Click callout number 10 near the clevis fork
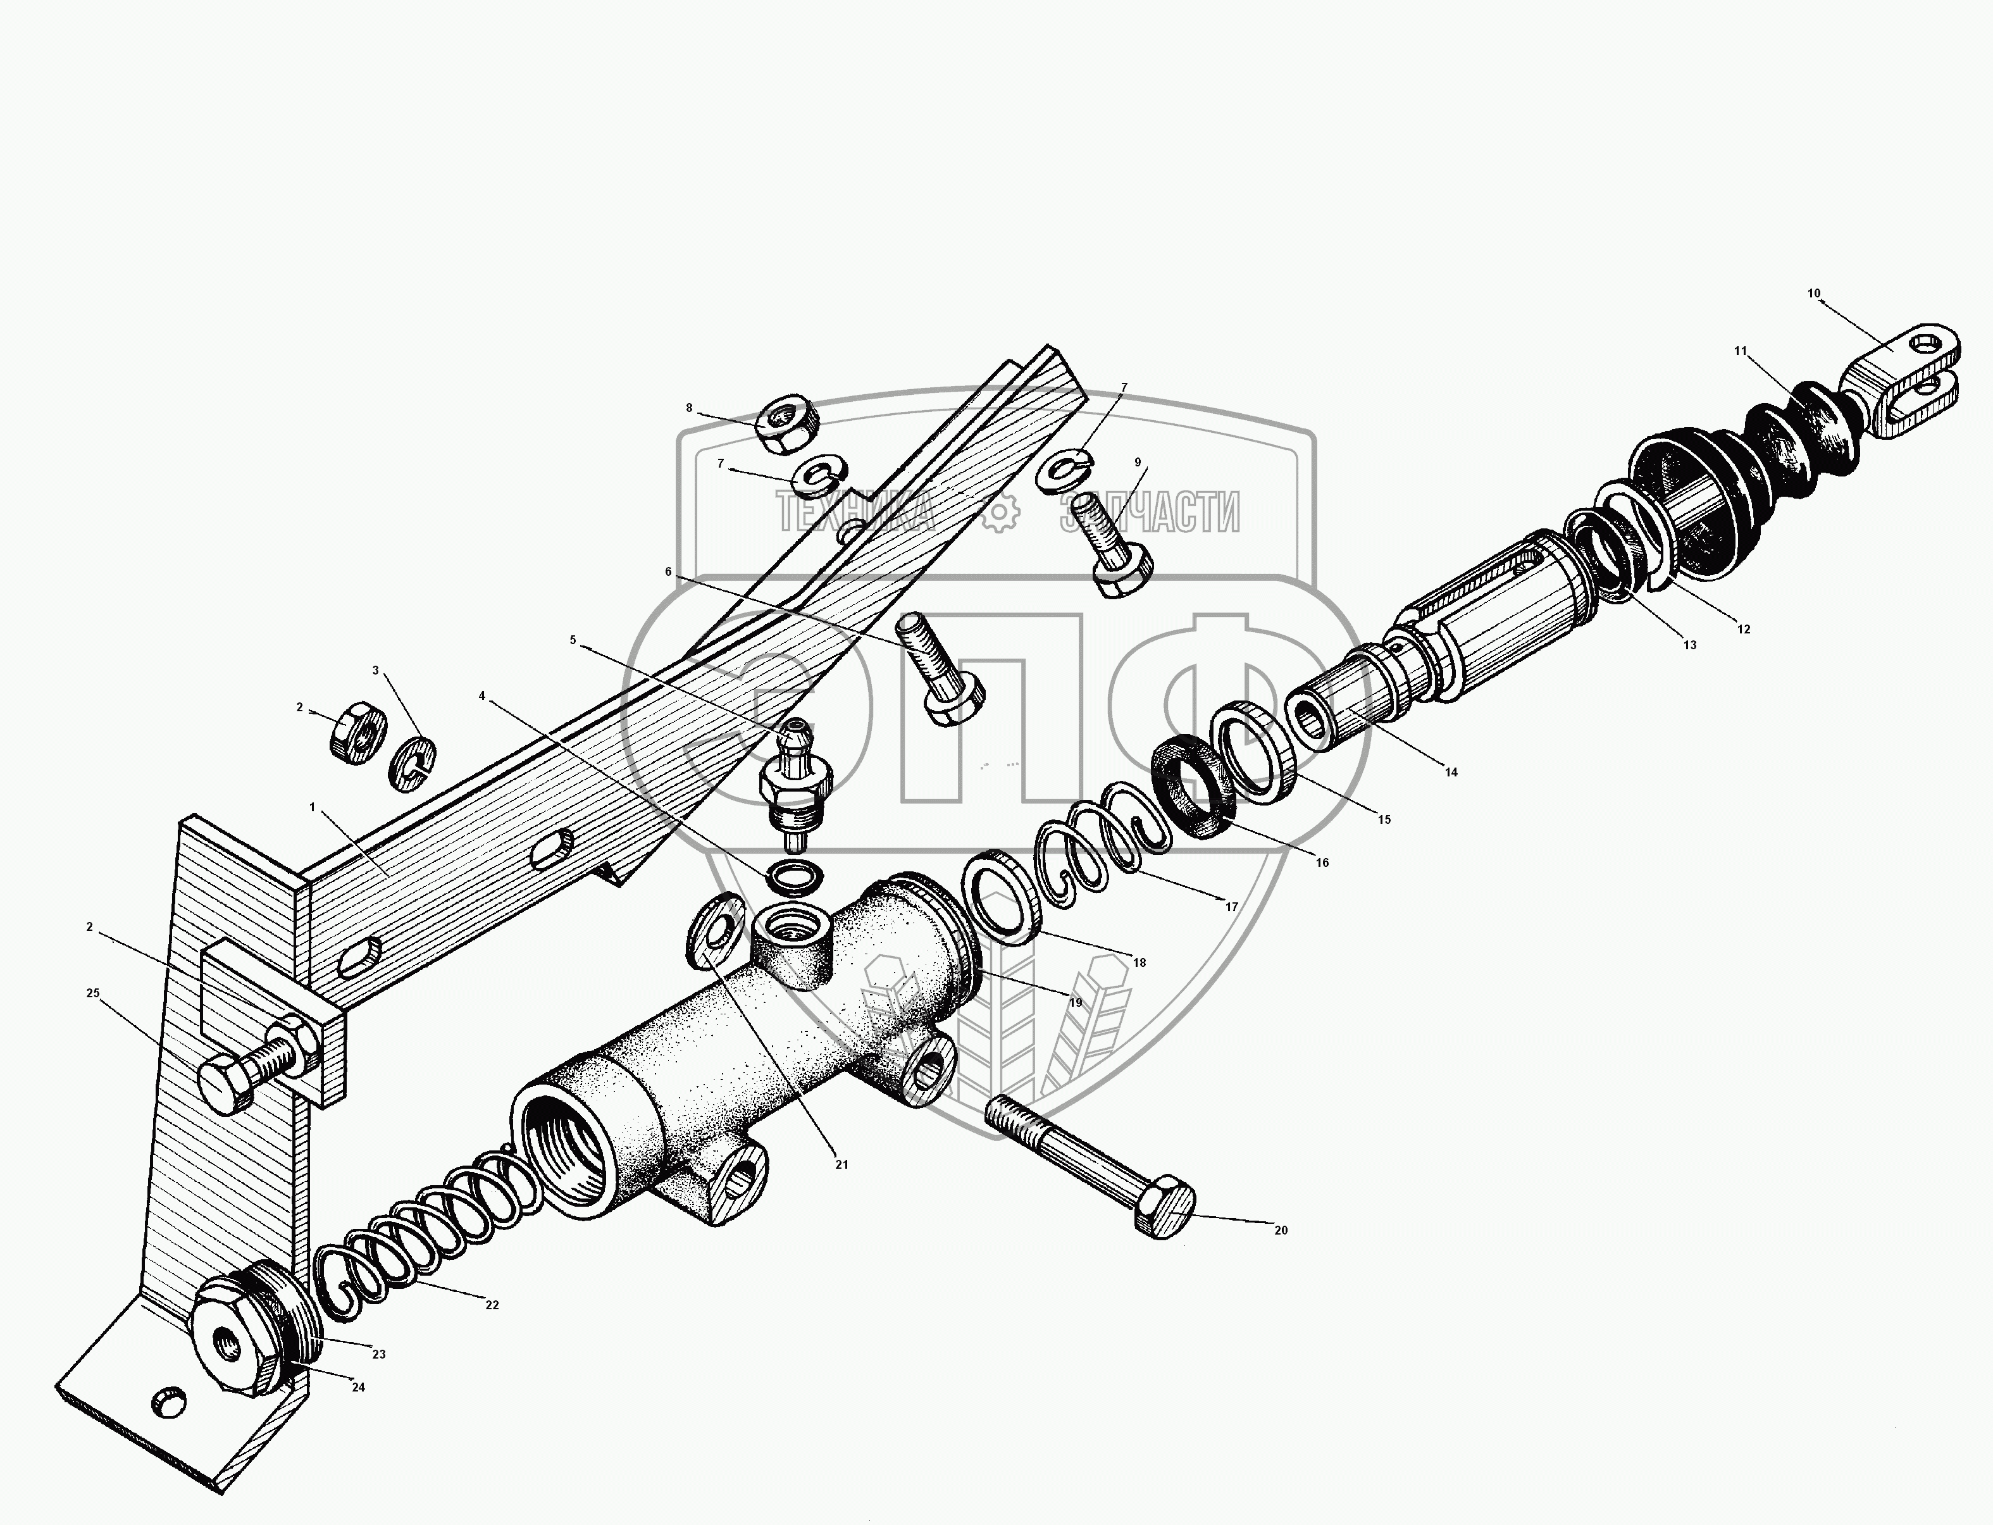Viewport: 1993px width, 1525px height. click(x=1813, y=293)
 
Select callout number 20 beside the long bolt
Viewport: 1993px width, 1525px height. click(x=1281, y=1231)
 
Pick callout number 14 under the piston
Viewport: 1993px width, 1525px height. click(x=1450, y=773)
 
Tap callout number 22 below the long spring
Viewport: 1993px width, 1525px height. click(x=492, y=1305)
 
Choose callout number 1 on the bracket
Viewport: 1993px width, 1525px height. click(x=312, y=807)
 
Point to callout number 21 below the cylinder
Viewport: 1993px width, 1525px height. click(x=841, y=1164)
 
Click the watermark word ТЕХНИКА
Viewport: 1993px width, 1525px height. click(x=855, y=513)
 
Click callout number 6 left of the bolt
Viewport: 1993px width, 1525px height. click(x=668, y=572)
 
